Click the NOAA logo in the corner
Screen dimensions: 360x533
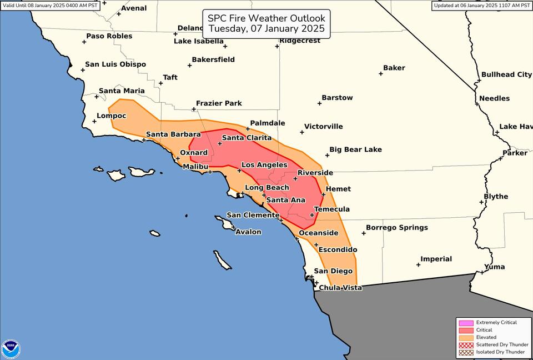click(11, 348)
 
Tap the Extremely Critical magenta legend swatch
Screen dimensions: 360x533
click(466, 323)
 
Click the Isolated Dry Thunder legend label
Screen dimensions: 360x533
click(500, 352)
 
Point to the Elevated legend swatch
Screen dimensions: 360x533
click(466, 337)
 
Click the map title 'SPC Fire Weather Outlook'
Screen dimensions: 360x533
click(266, 18)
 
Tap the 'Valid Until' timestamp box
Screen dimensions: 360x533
click(50, 6)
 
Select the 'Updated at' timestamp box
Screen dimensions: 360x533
click(481, 6)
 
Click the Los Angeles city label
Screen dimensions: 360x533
click(264, 165)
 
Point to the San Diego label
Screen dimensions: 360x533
click(333, 271)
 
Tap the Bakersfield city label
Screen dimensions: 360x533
click(213, 59)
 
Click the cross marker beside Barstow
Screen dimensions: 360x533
click(320, 103)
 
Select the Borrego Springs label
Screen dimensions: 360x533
click(396, 227)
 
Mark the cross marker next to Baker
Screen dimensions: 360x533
click(380, 73)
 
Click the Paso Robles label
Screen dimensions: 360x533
click(109, 36)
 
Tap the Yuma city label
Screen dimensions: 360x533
click(494, 267)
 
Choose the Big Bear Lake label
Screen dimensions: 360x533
click(355, 149)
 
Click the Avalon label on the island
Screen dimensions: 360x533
click(248, 232)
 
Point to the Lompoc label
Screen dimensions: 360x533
click(112, 116)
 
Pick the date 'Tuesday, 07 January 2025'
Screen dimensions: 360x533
click(266, 29)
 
